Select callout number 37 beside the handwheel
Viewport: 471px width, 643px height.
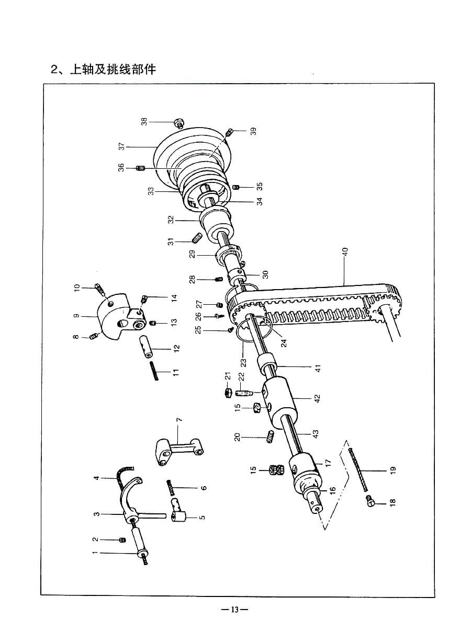121,147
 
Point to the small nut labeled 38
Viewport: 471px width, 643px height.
179,124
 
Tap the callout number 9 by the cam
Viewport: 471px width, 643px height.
76,316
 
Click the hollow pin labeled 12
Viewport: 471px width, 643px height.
147,347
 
